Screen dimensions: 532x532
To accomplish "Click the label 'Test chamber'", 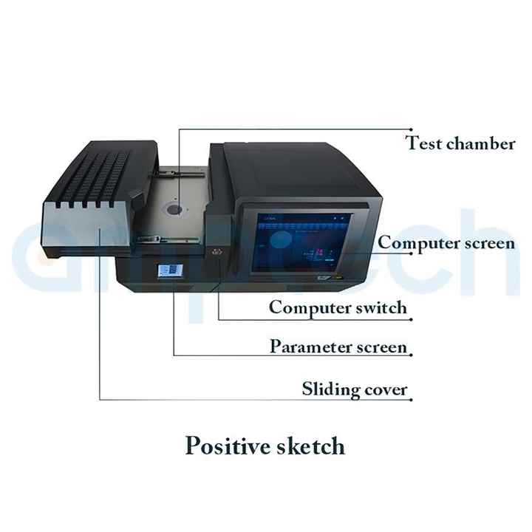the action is tap(460, 143).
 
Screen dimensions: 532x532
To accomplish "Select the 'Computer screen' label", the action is tap(446, 243).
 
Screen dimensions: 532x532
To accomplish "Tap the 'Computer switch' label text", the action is tap(337, 307).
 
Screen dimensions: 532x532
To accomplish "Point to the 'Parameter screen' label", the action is tap(337, 347).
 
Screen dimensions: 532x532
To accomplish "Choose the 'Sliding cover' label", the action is tap(355, 389).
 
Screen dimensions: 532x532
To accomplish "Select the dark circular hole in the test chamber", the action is tap(174, 210).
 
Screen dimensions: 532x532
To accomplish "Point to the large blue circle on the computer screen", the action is tap(279, 240).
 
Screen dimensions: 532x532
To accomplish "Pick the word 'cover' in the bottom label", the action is tap(386, 389).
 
